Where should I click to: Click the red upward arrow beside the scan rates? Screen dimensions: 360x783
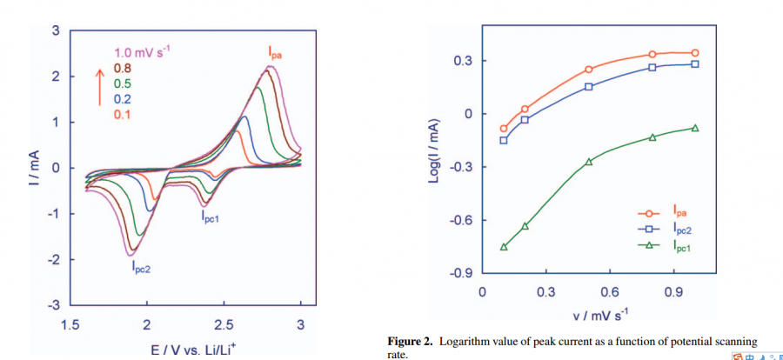coord(99,90)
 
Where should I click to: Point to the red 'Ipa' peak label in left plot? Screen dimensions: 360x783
coord(276,53)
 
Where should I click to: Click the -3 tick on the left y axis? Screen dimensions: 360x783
coord(55,305)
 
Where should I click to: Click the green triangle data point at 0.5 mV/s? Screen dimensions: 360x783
coord(589,162)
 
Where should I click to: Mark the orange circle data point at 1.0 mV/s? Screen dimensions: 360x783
coord(694,53)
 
